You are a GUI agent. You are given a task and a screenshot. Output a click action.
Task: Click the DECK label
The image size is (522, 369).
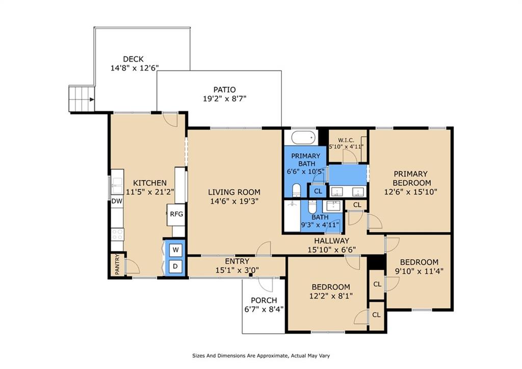pyautogui.click(x=133, y=59)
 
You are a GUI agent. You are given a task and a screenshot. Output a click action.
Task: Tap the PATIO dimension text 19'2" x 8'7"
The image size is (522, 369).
pyautogui.click(x=224, y=99)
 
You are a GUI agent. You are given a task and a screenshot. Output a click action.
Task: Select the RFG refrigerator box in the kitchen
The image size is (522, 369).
pyautogui.click(x=176, y=214)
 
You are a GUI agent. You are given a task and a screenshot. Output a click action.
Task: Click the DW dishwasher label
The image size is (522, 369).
pyautogui.click(x=117, y=201)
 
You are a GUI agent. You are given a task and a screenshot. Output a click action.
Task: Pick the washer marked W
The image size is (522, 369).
pyautogui.click(x=176, y=250)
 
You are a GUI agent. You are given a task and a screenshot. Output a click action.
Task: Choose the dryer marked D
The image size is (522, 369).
pyautogui.click(x=176, y=266)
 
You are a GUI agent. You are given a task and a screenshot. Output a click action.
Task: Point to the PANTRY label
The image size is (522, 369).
pyautogui.click(x=117, y=265)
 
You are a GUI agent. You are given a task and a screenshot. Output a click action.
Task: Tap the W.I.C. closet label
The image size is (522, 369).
pyautogui.click(x=346, y=140)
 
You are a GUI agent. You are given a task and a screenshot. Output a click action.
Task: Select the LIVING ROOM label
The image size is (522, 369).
pyautogui.click(x=234, y=192)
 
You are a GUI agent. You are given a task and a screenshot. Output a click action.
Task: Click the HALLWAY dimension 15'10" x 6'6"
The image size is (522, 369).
pyautogui.click(x=331, y=250)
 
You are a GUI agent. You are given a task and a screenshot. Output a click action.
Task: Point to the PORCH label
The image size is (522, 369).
pyautogui.click(x=264, y=300)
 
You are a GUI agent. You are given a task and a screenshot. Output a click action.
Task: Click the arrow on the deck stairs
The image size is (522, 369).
pyautogui.click(x=92, y=100)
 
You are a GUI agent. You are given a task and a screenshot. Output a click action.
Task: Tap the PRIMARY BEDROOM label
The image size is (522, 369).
pyautogui.click(x=410, y=178)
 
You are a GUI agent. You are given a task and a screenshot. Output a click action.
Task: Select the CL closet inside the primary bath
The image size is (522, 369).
pyautogui.click(x=318, y=191)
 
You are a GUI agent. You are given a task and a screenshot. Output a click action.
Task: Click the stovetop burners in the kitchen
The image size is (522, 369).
pyautogui.click(x=117, y=234)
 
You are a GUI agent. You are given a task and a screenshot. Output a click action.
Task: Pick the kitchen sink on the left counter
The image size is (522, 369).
pyautogui.click(x=117, y=185)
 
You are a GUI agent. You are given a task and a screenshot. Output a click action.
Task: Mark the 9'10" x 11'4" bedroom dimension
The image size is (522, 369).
pyautogui.click(x=419, y=272)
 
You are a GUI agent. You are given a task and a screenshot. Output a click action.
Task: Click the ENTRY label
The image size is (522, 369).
pyautogui.click(x=237, y=261)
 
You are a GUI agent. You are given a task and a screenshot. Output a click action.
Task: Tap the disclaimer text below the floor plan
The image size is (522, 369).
pyautogui.click(x=261, y=356)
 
